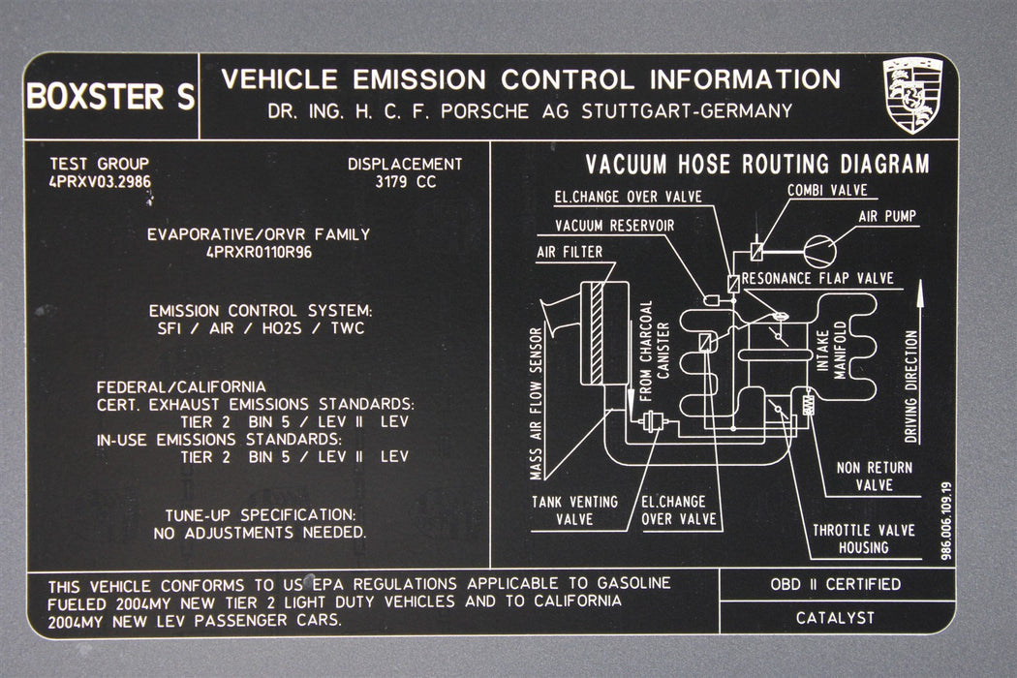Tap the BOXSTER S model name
pos(109,97)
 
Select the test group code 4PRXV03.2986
pos(99,181)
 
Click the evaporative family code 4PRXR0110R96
pos(259,252)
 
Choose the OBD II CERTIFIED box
pos(835,584)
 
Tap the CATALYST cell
pos(835,617)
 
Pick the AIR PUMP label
pos(887,216)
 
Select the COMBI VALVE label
pos(827,190)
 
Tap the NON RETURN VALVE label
pos(874,476)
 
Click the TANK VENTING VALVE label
pos(573,509)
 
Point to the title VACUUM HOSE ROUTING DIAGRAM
pos(756,164)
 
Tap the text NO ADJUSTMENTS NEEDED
pos(260,533)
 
